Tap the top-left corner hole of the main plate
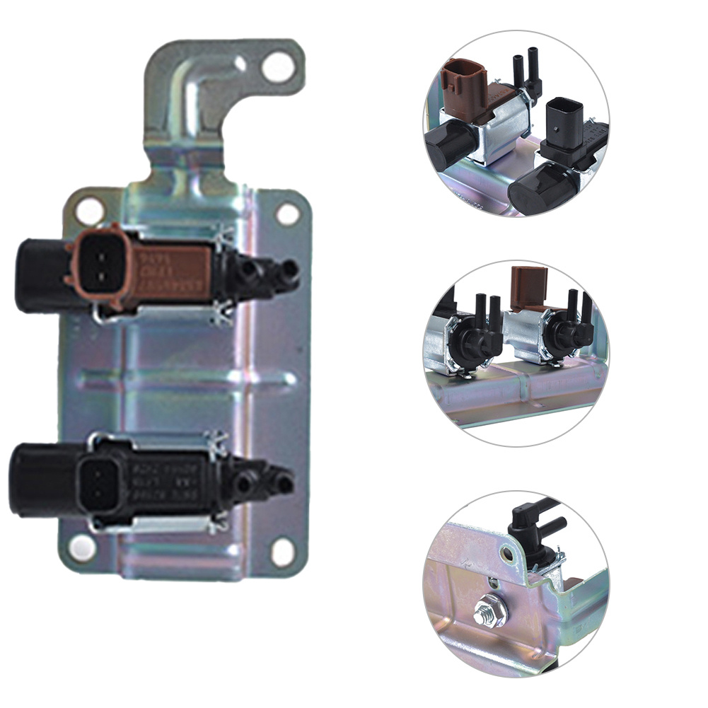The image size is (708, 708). tap(91, 211)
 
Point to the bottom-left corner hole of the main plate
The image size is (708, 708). tap(82, 546)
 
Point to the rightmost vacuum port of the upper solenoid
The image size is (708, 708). tap(289, 269)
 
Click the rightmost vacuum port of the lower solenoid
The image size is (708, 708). tap(284, 484)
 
